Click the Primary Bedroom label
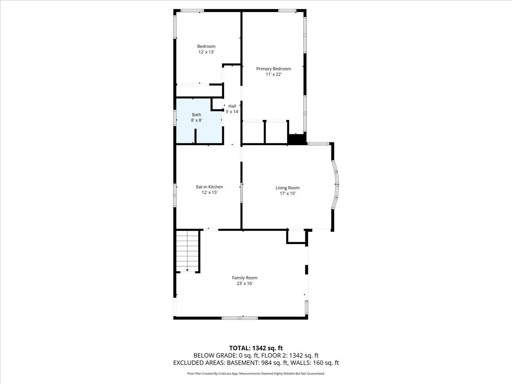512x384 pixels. click(273, 69)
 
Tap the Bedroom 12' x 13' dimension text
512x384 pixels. click(206, 52)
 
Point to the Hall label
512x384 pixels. click(232, 106)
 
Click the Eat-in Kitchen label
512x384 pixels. click(209, 187)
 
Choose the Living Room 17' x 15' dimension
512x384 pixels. click(287, 193)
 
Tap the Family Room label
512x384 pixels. click(245, 278)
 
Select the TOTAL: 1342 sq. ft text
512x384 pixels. click(256, 347)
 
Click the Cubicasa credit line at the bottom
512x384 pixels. click(256, 373)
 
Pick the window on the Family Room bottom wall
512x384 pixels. click(239, 318)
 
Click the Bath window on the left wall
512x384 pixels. click(175, 118)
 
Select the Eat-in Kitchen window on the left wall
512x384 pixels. click(175, 195)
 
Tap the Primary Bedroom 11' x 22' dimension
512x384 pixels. click(273, 74)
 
